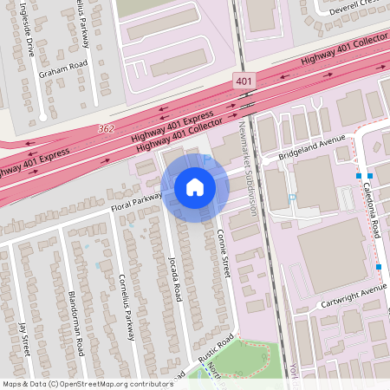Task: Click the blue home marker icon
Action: tap(195, 187)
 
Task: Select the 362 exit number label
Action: tap(107, 129)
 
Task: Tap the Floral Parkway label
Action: tap(136, 203)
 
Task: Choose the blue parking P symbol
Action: tap(292, 198)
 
